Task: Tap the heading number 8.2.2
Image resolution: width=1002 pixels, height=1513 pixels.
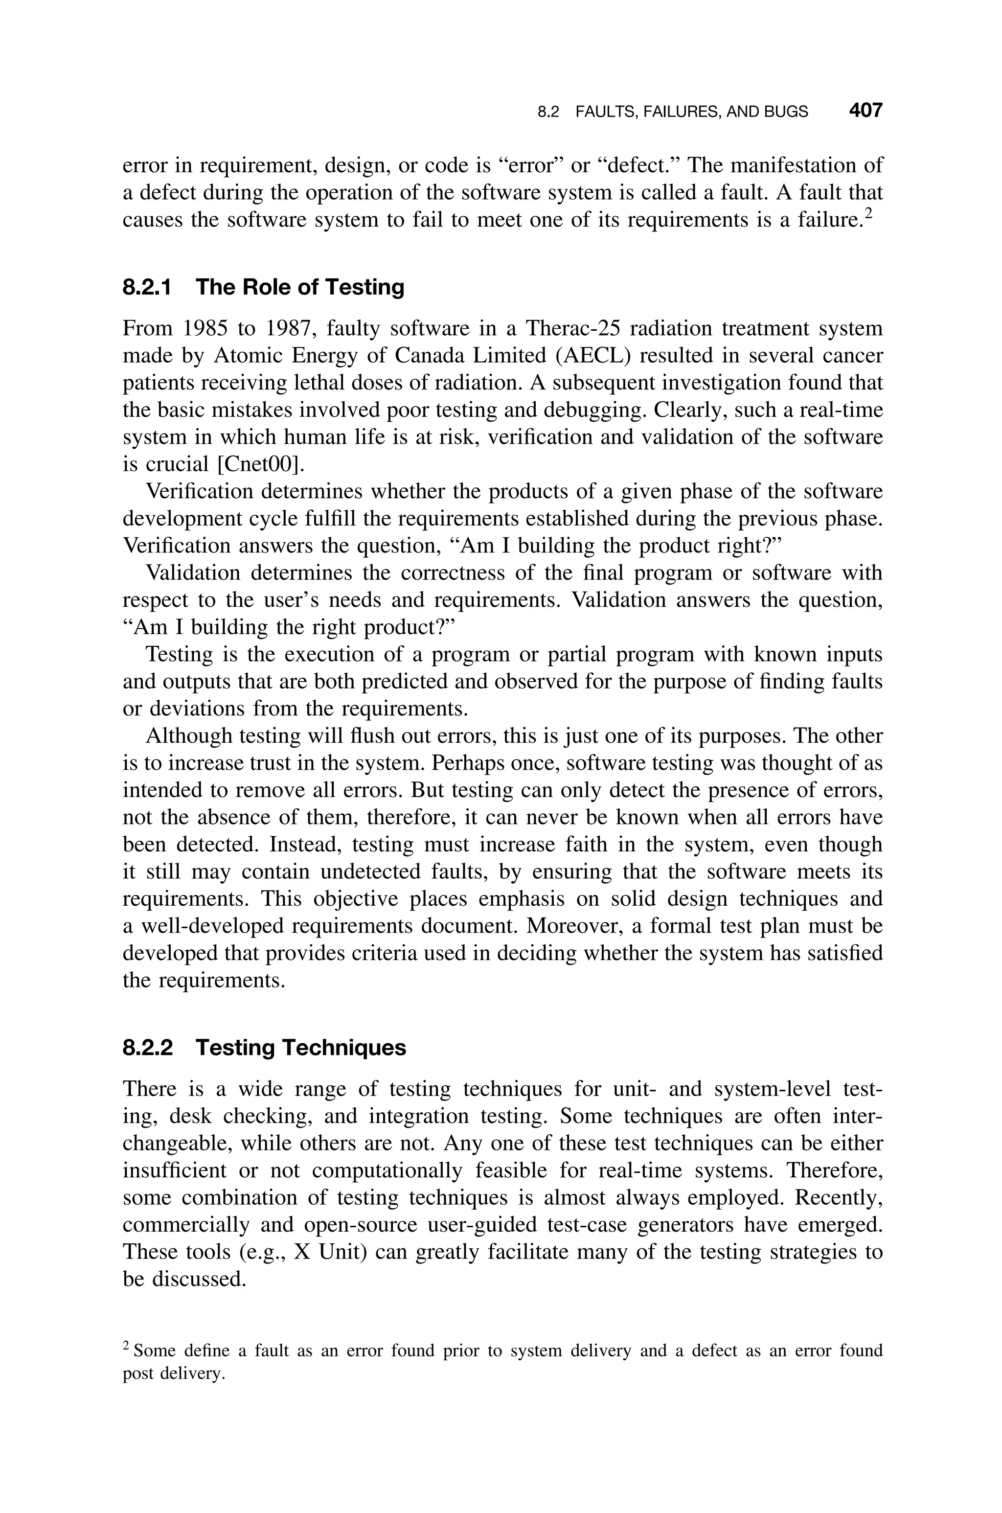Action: click(x=148, y=1048)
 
